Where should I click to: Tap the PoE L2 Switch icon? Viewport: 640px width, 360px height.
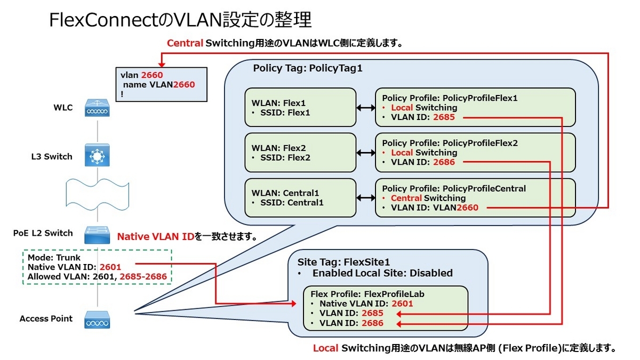97,234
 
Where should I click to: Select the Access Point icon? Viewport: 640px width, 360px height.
97,319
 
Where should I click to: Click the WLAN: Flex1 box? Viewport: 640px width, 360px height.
300,107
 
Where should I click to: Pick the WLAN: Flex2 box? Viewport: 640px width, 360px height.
300,153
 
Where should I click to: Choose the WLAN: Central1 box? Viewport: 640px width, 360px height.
300,198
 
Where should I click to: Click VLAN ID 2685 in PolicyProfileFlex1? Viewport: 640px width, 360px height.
444,117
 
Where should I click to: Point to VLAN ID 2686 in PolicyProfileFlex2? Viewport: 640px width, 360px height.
444,162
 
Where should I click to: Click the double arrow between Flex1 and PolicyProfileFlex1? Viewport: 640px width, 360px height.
366,108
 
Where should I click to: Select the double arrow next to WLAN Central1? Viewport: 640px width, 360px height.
366,198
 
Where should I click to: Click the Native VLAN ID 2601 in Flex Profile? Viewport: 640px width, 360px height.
402,303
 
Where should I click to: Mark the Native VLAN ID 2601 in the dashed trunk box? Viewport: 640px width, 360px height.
110,267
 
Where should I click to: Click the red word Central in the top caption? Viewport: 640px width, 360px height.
185,44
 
